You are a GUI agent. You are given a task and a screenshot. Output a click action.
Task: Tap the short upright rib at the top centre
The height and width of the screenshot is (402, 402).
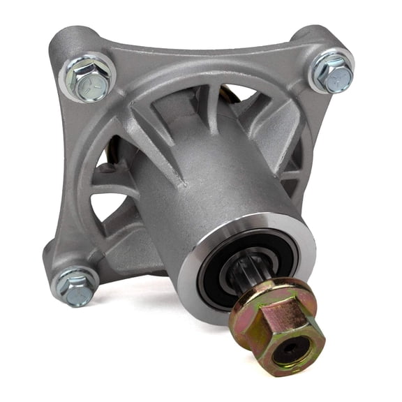209,105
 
